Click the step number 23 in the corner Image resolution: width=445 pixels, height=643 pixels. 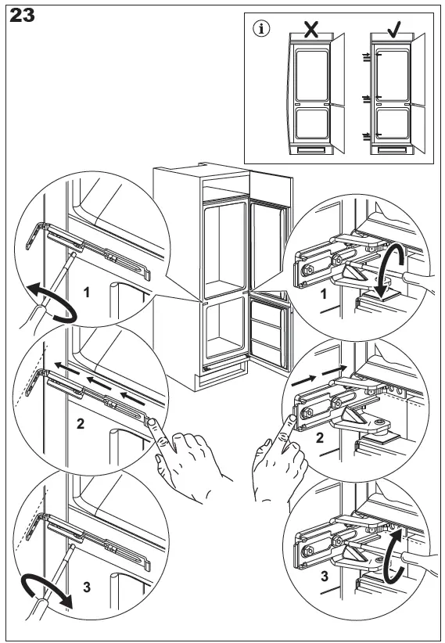[x=22, y=16]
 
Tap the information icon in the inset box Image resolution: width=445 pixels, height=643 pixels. [x=261, y=30]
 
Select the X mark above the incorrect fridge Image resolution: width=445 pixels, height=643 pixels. [x=311, y=29]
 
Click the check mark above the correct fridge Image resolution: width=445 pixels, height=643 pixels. [x=394, y=30]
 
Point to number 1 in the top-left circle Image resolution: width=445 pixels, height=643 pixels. [x=87, y=293]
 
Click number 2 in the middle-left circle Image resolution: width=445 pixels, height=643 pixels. [x=81, y=424]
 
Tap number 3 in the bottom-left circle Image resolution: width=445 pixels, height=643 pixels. [x=87, y=587]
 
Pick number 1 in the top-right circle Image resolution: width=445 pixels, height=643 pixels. [x=324, y=294]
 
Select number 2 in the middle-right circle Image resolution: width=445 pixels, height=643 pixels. [x=320, y=438]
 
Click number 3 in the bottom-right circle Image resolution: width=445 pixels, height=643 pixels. [x=325, y=577]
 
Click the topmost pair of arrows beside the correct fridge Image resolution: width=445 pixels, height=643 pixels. [x=366, y=57]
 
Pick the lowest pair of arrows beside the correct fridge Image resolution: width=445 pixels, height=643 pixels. [x=366, y=137]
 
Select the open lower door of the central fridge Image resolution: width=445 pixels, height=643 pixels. [x=270, y=334]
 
